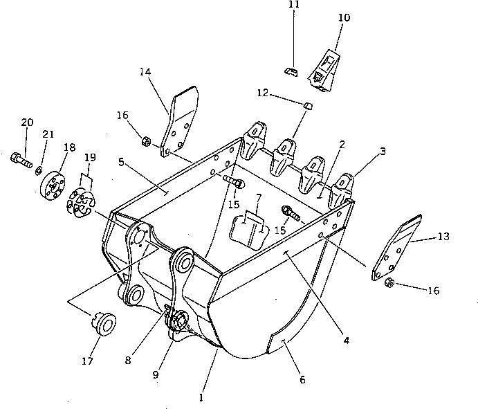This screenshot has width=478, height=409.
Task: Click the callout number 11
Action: pos(293,6)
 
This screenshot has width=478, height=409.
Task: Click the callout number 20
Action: pos(27,122)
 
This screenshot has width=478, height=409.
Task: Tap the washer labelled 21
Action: pos(40,170)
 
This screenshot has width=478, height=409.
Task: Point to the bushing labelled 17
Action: pos(103,322)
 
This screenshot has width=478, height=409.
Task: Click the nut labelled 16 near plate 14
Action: pos(146,142)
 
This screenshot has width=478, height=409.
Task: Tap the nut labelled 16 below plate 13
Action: pos(389,282)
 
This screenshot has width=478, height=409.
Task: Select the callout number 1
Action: pos(201,398)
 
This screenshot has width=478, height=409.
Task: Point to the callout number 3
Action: pos(383,151)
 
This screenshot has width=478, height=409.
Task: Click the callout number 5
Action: pos(121,163)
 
